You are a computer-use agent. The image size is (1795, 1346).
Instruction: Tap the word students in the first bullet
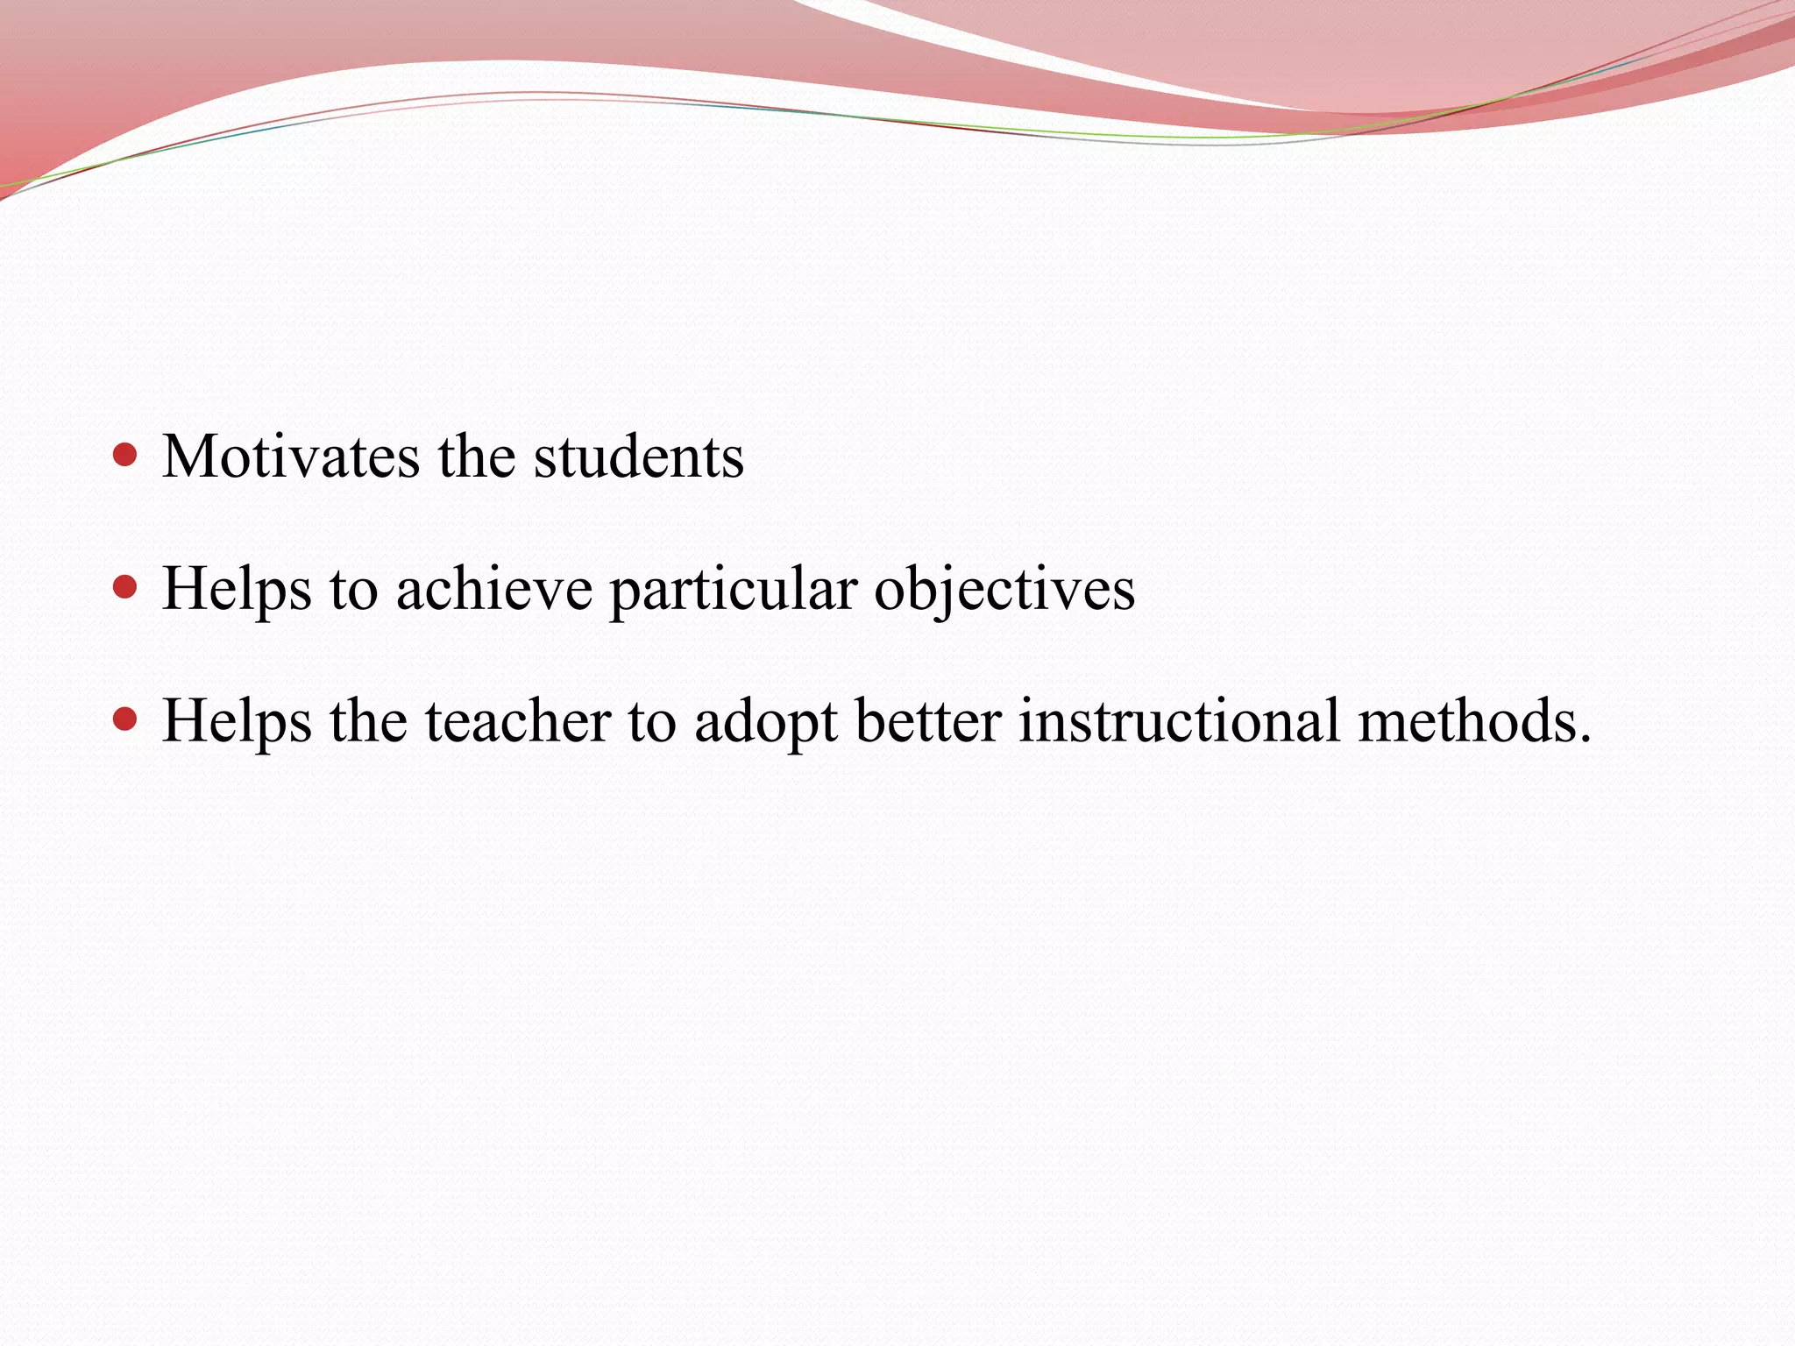(x=639, y=457)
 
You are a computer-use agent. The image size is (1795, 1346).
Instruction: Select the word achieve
(x=494, y=589)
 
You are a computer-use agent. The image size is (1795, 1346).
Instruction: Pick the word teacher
(x=518, y=721)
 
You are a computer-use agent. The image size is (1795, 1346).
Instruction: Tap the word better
(x=928, y=721)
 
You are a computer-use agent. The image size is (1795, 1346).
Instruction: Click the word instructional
(x=1180, y=721)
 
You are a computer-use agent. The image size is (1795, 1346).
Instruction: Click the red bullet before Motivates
(x=126, y=455)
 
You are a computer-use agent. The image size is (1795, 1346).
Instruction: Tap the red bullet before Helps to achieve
(x=126, y=587)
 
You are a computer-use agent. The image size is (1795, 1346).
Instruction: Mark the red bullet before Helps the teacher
(x=126, y=719)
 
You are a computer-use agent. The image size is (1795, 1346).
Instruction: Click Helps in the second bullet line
(x=238, y=589)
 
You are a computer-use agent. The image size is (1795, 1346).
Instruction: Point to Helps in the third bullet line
(x=238, y=721)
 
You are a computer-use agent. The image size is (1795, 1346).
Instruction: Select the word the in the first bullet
(x=477, y=457)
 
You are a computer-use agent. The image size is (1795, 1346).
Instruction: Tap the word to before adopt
(x=652, y=723)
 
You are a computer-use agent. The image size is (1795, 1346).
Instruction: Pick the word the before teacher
(x=368, y=721)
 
